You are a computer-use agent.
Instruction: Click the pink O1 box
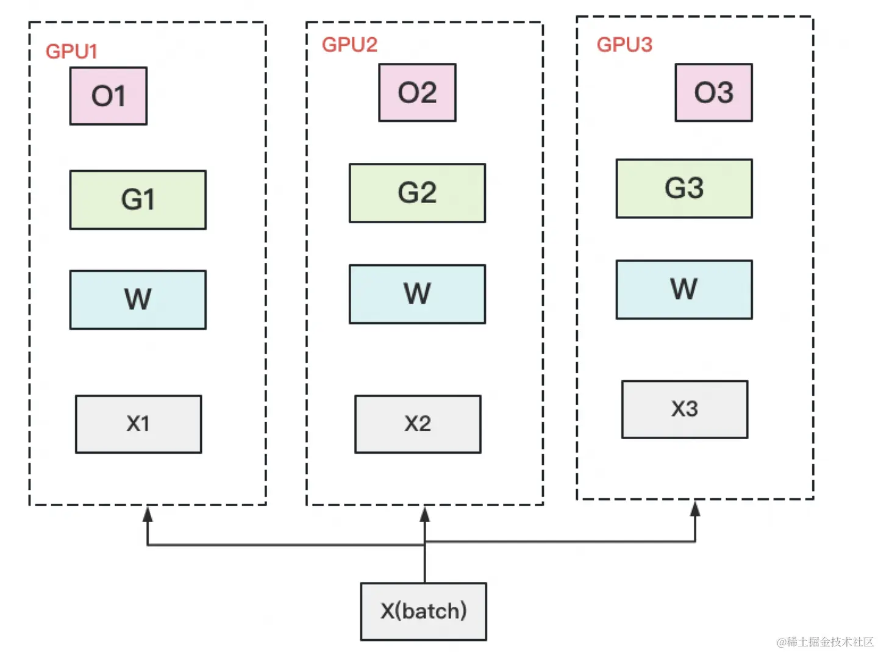(x=108, y=96)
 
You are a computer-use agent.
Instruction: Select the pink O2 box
(x=417, y=92)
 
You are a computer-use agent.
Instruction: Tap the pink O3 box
(x=713, y=92)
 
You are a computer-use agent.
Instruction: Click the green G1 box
(x=138, y=199)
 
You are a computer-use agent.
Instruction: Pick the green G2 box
(x=417, y=193)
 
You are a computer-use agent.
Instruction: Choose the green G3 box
(x=683, y=188)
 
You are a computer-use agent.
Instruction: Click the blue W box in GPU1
(x=138, y=299)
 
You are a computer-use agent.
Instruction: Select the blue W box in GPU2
(x=417, y=294)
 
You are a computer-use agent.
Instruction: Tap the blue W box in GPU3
(x=683, y=289)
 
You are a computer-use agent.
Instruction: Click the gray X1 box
(x=138, y=424)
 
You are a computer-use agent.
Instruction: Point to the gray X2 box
(x=418, y=424)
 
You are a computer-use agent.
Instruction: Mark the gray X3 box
(x=685, y=409)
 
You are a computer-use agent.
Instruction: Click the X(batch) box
(x=423, y=611)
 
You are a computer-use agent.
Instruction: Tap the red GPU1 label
(x=72, y=51)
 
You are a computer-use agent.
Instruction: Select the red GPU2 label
(x=349, y=45)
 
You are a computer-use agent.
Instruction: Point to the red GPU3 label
(x=624, y=45)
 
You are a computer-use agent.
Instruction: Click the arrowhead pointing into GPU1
(x=148, y=514)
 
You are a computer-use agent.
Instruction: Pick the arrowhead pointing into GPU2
(x=424, y=514)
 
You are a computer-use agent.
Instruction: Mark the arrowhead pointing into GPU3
(x=694, y=509)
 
